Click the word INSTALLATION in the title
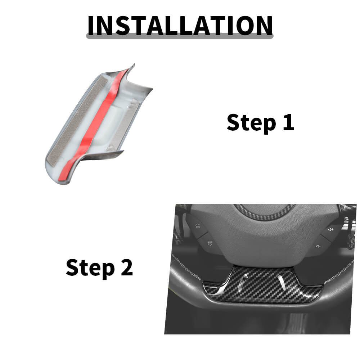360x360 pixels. coord(180,26)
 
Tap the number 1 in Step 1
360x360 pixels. coord(289,122)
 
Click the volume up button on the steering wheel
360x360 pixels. coord(330,230)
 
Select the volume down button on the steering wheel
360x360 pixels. coord(319,246)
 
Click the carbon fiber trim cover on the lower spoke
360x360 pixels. coord(262,285)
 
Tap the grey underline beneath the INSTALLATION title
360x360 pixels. coord(180,36)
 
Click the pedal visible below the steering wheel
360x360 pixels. coord(296,323)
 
